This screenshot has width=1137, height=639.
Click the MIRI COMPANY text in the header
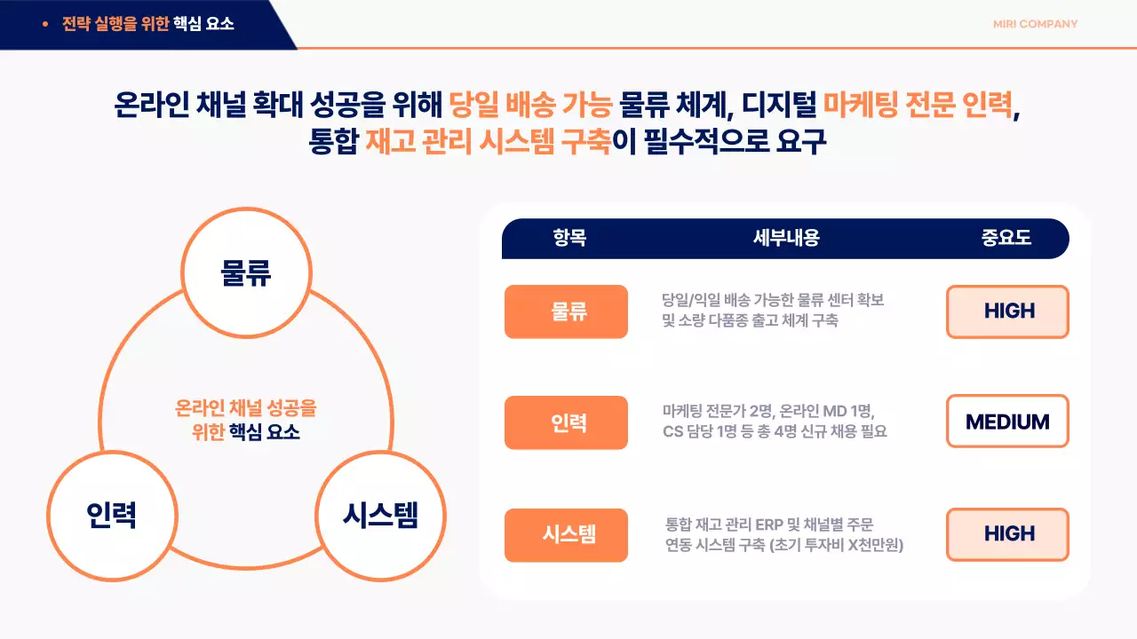tap(1035, 24)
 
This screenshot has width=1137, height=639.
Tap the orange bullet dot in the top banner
tap(45, 24)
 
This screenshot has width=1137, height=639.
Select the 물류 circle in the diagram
tap(246, 272)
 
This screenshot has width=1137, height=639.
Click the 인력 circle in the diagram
tap(111, 514)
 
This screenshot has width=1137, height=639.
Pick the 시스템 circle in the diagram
tap(380, 514)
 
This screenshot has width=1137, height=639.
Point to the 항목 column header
tap(569, 238)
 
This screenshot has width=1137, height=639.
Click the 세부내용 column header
tap(785, 238)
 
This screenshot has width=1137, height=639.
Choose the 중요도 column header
tap(1006, 238)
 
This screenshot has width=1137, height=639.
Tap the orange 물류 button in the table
tap(566, 312)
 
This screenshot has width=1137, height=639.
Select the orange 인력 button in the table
tap(566, 422)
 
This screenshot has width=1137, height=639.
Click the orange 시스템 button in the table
tap(566, 534)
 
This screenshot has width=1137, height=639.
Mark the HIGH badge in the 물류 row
tap(1007, 312)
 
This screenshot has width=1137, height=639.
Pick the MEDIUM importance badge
tap(1007, 422)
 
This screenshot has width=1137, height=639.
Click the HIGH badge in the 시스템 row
tap(1007, 534)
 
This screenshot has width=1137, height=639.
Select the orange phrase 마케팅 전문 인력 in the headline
tap(918, 106)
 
